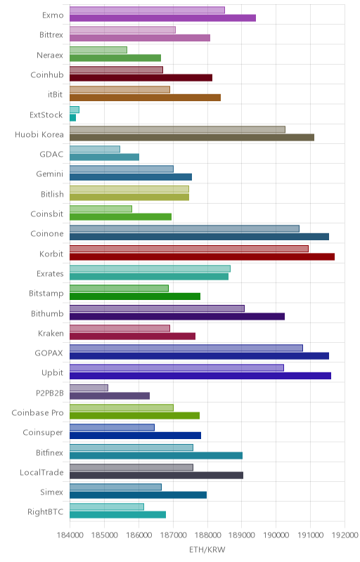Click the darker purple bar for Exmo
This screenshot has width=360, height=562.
163,18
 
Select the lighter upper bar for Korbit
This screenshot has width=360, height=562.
189,249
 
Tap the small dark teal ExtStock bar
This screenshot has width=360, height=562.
73,117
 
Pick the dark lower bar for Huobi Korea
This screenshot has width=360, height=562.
192,137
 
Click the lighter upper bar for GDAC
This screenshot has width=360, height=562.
95,149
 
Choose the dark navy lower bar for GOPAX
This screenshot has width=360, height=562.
200,356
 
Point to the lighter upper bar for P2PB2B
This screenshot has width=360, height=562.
89,388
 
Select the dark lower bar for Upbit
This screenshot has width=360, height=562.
200,376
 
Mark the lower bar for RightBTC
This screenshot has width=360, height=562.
118,515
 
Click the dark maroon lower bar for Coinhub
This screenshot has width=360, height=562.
141,78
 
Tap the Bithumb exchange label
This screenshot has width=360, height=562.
47,313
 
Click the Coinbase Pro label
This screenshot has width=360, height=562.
37,413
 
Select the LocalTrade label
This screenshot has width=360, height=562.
41,472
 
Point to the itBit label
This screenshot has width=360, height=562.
56,95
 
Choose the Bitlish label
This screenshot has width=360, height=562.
52,195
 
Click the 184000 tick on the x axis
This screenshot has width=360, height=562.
70,535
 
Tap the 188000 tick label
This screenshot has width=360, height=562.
207,535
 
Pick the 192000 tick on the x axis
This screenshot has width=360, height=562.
345,535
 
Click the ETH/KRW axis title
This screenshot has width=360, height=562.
207,549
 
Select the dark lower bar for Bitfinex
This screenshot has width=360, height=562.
156,455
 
